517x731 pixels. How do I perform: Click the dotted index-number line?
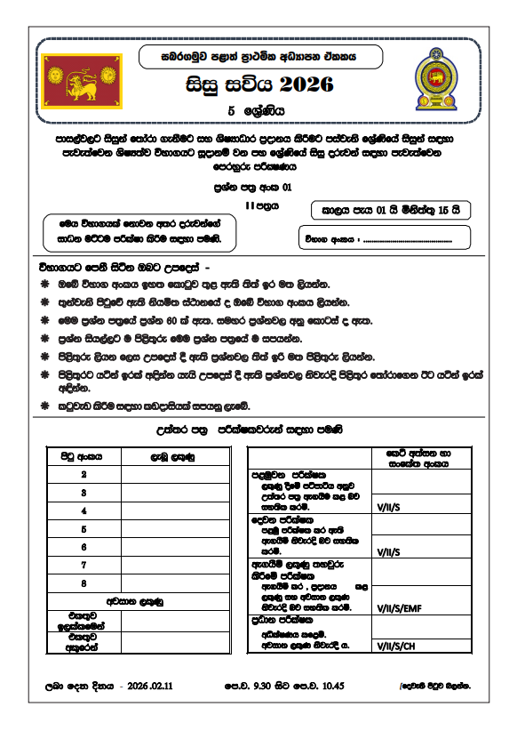coord(416,239)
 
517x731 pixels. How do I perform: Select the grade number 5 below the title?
coord(231,112)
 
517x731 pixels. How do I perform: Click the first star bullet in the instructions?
coord(44,285)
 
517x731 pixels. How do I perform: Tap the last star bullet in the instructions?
coord(44,406)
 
